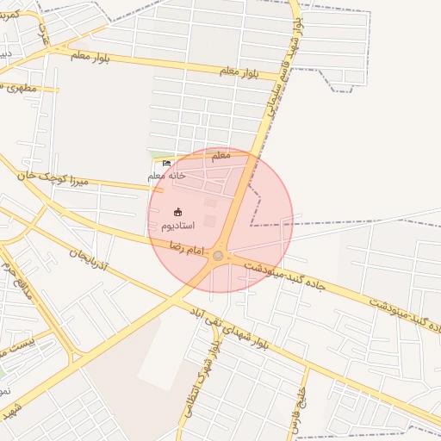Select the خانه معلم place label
click(166, 176)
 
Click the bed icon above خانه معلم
click(166, 163)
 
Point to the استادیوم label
click(177, 225)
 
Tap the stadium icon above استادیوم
click(178, 212)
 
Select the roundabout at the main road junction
click(219, 256)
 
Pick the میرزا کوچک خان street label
click(53, 178)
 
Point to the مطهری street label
click(19, 87)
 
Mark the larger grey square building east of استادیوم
click(210, 221)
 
